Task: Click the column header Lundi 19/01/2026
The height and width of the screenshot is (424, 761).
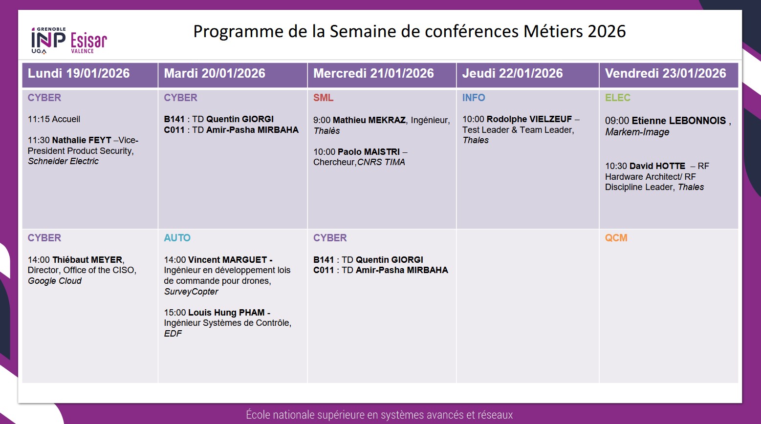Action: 79,74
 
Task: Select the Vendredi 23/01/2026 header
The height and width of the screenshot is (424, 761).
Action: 665,74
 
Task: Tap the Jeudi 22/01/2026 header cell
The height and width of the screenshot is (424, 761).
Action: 512,74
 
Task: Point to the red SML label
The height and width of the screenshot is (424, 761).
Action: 323,98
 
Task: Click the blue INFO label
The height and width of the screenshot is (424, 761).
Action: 474,98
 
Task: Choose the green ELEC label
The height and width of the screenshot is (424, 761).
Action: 617,98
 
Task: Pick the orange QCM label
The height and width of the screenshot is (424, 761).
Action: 616,238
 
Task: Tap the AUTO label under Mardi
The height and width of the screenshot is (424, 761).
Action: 177,238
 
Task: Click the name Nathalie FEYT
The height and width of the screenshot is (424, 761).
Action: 82,140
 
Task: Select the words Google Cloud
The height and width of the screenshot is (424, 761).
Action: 55,281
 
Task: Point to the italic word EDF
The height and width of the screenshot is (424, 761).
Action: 173,334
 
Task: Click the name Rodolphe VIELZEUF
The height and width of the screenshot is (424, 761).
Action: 529,119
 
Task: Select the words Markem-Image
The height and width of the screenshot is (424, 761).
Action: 637,132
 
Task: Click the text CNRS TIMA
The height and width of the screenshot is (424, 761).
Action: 381,162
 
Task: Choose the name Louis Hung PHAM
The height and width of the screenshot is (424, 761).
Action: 226,313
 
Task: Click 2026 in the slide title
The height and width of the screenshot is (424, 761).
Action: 607,31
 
